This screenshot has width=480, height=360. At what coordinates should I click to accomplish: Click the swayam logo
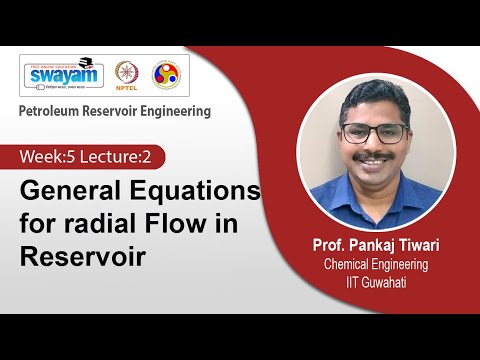click(x=63, y=76)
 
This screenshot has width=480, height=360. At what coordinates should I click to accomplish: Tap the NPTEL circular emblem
click(x=128, y=76)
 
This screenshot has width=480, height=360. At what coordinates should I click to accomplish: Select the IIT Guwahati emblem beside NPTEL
click(x=166, y=76)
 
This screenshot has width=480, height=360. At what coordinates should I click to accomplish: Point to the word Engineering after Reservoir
click(x=179, y=111)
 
